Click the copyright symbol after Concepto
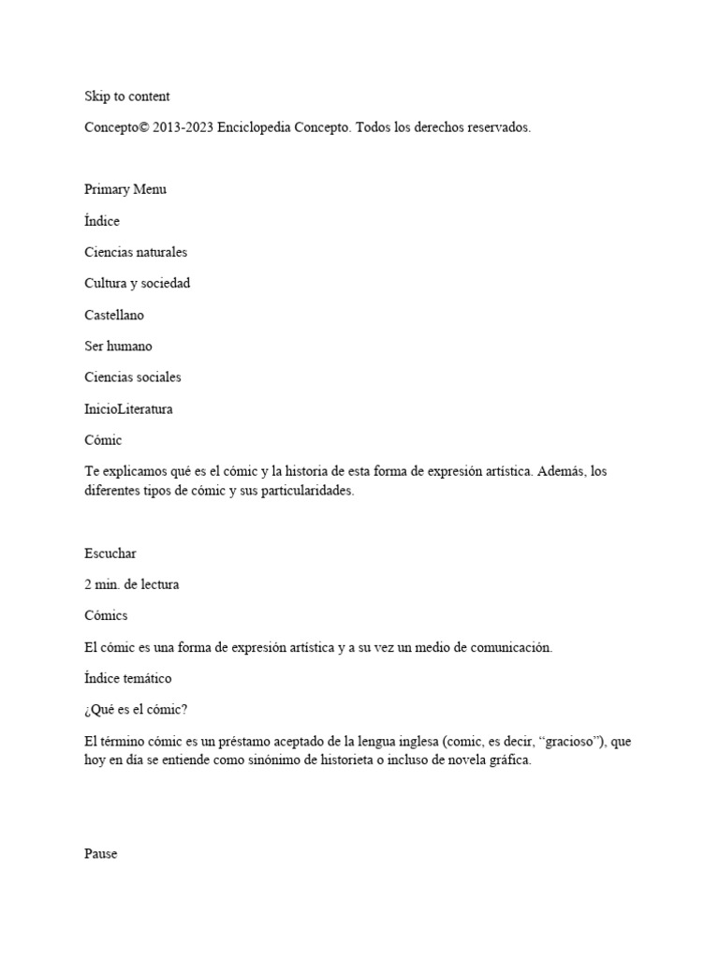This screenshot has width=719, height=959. click(143, 127)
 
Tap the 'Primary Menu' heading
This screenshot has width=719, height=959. click(125, 189)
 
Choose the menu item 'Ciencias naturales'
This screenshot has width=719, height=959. click(136, 252)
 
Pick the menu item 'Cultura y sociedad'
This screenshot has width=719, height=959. click(137, 283)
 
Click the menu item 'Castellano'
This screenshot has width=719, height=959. click(114, 315)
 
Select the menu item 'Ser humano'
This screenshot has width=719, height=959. click(118, 346)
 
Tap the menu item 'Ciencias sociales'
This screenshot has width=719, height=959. click(133, 376)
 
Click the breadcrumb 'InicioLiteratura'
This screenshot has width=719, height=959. click(128, 408)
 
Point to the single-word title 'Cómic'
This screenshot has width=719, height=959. click(103, 439)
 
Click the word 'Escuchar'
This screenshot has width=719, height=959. click(110, 553)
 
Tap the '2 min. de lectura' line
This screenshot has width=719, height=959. click(131, 584)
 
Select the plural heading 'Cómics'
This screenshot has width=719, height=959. click(106, 615)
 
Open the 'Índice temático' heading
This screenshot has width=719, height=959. click(127, 677)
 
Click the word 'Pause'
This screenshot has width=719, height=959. click(101, 854)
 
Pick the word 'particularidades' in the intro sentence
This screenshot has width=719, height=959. click(307, 491)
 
